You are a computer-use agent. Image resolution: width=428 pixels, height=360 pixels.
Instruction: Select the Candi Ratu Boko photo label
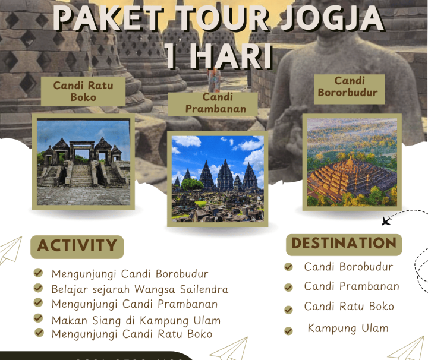(83, 91)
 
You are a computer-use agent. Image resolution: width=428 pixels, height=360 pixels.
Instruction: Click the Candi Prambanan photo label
(212, 103)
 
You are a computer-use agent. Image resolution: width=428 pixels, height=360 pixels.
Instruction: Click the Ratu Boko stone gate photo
(83, 162)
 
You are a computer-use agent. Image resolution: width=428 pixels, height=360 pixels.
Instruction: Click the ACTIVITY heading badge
(77, 246)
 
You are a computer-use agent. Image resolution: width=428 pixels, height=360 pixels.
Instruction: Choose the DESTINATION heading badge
(344, 244)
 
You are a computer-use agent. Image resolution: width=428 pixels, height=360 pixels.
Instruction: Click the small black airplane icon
(386, 222)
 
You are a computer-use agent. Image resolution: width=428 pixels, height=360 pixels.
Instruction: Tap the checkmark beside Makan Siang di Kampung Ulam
(39, 319)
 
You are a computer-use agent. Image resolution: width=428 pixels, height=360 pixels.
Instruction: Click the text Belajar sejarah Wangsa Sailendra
(140, 289)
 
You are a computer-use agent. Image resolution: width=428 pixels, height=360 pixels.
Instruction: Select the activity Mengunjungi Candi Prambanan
(134, 304)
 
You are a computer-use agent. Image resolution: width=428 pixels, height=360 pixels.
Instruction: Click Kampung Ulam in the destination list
(348, 329)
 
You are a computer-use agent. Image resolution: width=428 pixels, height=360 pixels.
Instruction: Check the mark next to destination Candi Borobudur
(289, 267)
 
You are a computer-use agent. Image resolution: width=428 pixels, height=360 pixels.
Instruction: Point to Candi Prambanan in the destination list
(351, 286)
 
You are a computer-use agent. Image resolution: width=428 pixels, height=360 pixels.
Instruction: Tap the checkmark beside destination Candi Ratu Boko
(289, 310)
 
